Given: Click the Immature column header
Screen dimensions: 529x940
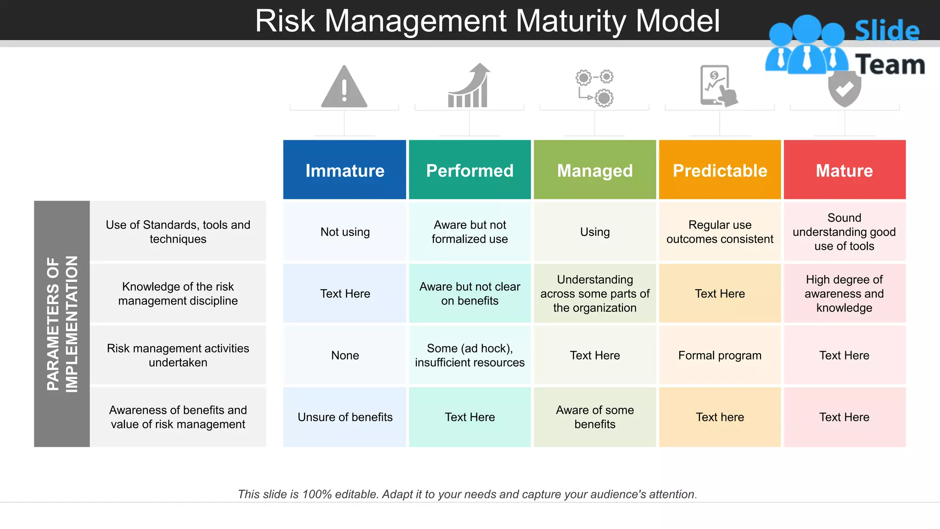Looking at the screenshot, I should pos(345,170).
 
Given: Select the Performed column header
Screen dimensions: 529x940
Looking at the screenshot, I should pos(470,170).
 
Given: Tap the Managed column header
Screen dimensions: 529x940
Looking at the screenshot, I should pos(595,170).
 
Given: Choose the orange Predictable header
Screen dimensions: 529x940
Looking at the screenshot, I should pos(720,170).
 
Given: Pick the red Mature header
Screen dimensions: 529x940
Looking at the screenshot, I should pos(845,170).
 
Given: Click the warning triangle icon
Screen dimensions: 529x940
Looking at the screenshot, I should pos(344,87).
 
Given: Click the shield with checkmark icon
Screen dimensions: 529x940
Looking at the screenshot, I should pos(845,90).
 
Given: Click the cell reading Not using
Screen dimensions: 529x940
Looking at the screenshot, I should pos(345,232).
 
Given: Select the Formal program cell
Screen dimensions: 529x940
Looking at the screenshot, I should pos(720,355).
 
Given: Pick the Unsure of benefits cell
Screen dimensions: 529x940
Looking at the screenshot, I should pos(345,417).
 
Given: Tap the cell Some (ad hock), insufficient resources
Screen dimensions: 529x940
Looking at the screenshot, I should pos(470,355).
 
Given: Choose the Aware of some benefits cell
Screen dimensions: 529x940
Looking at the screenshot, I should pos(595,417).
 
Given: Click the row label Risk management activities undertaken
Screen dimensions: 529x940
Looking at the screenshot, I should pos(178,355).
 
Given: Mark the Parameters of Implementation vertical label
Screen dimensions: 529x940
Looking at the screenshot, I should pos(62,324).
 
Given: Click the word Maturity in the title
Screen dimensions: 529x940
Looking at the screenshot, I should pos(571,21).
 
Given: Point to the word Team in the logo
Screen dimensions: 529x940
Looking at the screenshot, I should pos(890,65).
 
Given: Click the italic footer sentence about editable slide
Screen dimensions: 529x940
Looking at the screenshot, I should pos(467,494).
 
